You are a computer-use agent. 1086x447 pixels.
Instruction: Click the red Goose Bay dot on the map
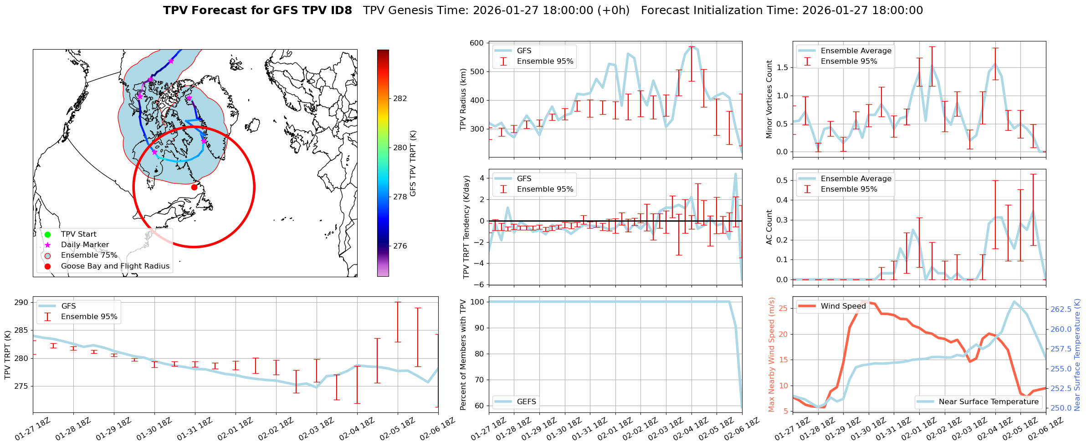194,187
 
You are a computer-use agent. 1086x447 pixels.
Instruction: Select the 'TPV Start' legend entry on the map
78,234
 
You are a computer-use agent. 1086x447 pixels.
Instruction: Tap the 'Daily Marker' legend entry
85,245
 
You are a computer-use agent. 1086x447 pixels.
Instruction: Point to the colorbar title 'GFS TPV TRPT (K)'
413,163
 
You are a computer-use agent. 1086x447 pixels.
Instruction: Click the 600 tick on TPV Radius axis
476,43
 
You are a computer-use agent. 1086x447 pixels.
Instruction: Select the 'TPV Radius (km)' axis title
463,99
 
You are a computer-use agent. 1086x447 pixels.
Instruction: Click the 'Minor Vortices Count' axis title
769,99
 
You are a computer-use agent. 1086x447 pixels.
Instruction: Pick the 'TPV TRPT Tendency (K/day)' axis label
466,227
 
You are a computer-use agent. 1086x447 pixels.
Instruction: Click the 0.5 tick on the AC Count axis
781,180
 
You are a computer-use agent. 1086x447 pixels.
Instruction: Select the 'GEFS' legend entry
526,401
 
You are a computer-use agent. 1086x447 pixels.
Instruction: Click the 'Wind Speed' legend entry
843,306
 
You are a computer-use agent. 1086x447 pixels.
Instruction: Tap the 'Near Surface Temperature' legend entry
988,401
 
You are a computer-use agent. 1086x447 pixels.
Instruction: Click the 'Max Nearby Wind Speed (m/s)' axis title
771,354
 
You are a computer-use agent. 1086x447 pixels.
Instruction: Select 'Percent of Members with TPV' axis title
463,354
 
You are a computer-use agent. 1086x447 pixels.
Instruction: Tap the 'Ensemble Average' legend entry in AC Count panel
855,179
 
